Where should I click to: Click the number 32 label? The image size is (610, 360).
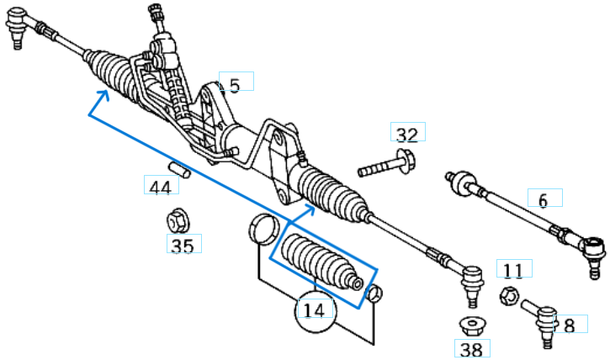click(x=407, y=135)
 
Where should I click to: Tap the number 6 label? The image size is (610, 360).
click(x=543, y=200)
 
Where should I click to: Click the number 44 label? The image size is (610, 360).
click(x=158, y=187)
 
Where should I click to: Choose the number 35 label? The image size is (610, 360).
click(x=182, y=246)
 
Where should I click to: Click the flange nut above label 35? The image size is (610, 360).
click(x=178, y=221)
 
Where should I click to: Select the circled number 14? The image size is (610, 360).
click(x=314, y=310)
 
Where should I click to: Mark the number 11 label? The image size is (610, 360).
click(x=513, y=270)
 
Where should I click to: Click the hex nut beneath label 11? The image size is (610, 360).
click(x=507, y=295)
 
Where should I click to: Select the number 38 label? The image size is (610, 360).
click(x=472, y=347)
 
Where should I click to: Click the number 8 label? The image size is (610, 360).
click(x=569, y=326)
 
